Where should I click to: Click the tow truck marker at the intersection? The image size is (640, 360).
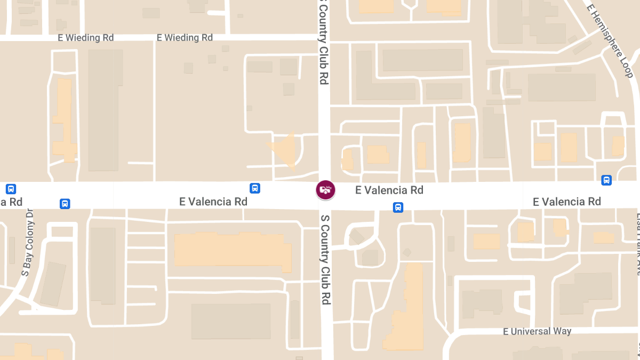[x=325, y=189]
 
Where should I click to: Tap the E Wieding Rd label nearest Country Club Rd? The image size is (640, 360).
[x=185, y=38]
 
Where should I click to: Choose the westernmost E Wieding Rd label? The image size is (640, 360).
[x=85, y=38]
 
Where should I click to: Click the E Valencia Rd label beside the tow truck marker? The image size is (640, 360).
[x=389, y=190]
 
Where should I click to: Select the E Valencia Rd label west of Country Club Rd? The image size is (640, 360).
[x=213, y=202]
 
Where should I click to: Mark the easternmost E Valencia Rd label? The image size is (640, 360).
[x=567, y=202]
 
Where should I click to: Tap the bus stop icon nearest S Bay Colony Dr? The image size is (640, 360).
[x=65, y=203]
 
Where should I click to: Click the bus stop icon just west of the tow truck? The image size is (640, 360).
[x=255, y=188]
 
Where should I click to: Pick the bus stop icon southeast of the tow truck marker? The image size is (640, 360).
[x=398, y=207]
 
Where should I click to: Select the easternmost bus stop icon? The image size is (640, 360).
[x=606, y=180]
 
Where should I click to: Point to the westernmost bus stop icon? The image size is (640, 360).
[x=11, y=189]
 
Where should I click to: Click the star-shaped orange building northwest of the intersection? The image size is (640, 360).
[x=284, y=149]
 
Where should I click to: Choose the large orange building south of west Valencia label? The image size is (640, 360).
[x=233, y=250]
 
